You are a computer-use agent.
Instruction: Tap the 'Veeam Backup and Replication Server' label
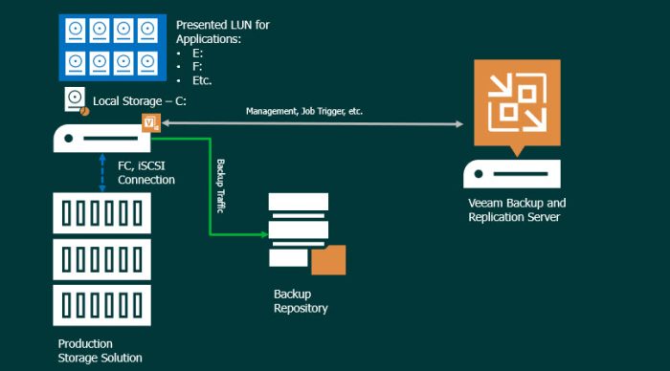tap(517, 210)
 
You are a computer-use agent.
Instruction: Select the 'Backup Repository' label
tap(301, 301)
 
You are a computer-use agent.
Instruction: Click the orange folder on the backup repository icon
tap(329, 259)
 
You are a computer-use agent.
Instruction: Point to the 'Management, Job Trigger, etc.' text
tap(304, 111)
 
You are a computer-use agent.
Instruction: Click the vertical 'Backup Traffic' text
tap(220, 185)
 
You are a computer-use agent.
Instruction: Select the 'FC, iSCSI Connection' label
tap(145, 173)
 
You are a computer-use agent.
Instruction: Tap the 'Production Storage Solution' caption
tap(100, 350)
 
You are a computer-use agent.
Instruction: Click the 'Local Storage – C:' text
tap(140, 100)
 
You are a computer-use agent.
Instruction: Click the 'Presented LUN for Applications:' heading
tap(222, 32)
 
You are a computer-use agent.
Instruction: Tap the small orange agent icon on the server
tap(150, 122)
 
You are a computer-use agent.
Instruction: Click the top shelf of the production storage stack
tap(101, 213)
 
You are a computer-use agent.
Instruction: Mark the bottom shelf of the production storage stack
tap(101, 305)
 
